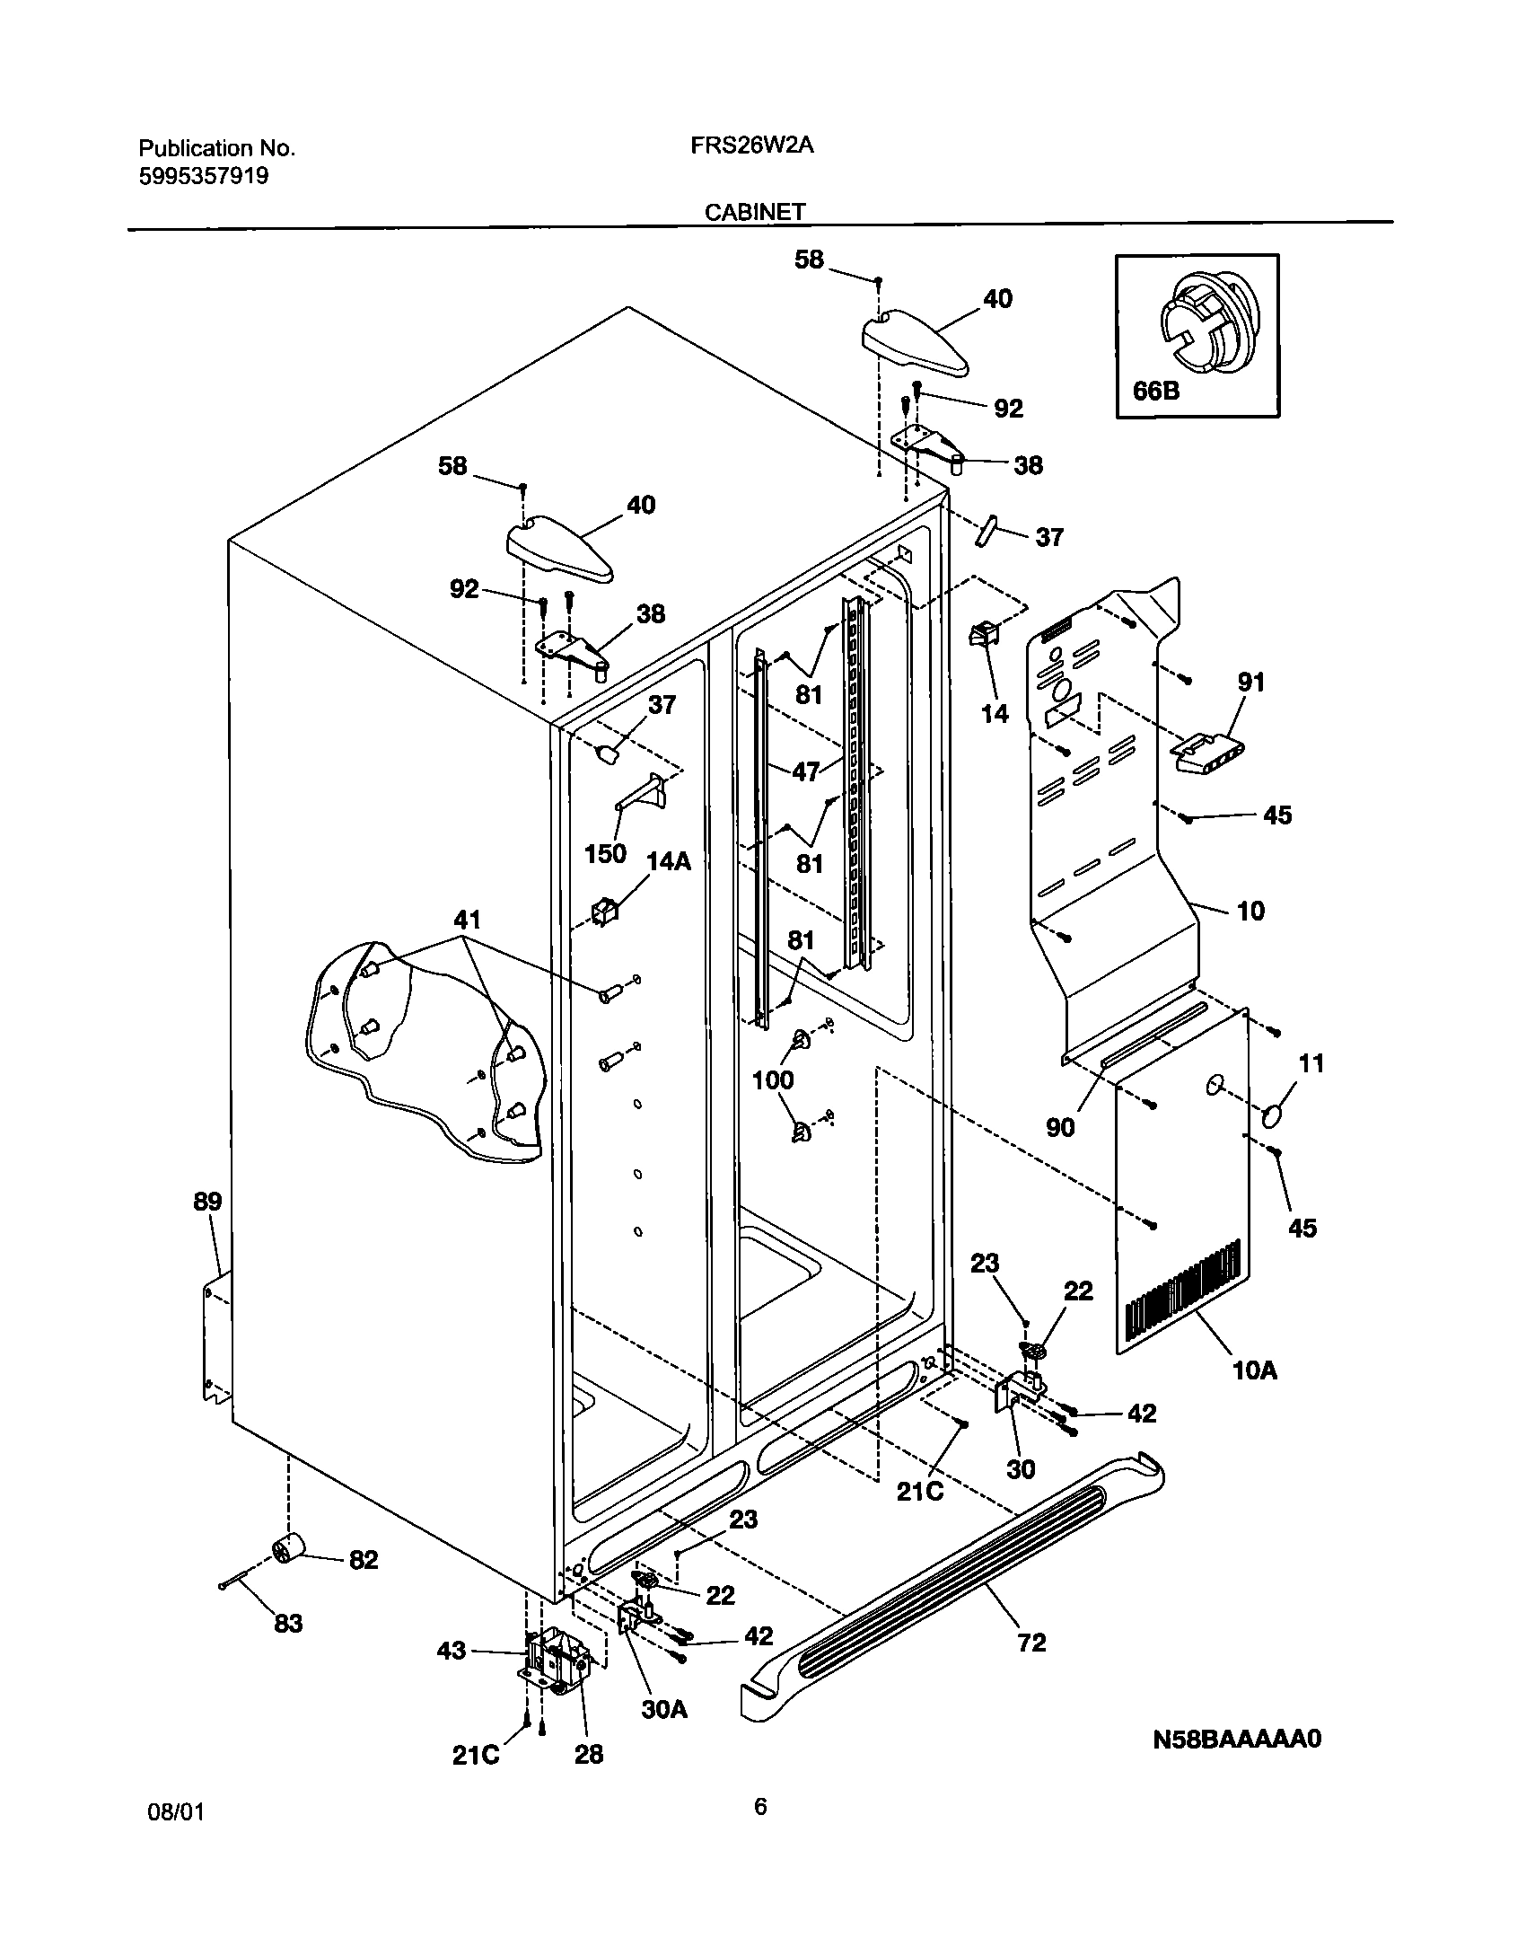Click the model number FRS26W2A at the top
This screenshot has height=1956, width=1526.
[751, 146]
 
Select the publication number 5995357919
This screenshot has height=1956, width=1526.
[204, 176]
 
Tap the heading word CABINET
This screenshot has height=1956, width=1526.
[754, 212]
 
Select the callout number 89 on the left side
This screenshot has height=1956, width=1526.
[207, 1202]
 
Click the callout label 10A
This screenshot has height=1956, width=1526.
[1254, 1370]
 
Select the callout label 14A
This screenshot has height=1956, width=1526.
[669, 861]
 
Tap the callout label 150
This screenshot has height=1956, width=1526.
[605, 853]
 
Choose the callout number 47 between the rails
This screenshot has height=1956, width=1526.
[805, 771]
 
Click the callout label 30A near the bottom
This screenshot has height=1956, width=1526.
[664, 1709]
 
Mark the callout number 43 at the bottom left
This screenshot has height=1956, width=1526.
[452, 1650]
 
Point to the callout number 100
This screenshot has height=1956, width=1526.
[772, 1079]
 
